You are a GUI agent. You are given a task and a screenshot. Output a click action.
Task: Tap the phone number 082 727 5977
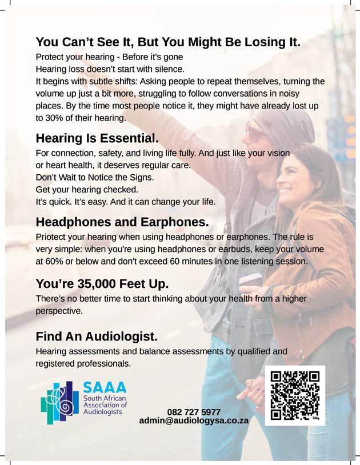(194, 411)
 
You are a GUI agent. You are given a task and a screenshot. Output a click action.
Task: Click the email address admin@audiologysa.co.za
(194, 420)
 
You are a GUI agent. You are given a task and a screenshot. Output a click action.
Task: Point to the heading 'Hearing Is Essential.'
(97, 138)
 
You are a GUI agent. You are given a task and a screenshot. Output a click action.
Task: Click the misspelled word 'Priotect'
(51, 236)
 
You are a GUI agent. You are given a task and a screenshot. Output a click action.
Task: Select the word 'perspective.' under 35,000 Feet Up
(59, 311)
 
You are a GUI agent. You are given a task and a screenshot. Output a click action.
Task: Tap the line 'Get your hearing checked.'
(87, 189)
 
